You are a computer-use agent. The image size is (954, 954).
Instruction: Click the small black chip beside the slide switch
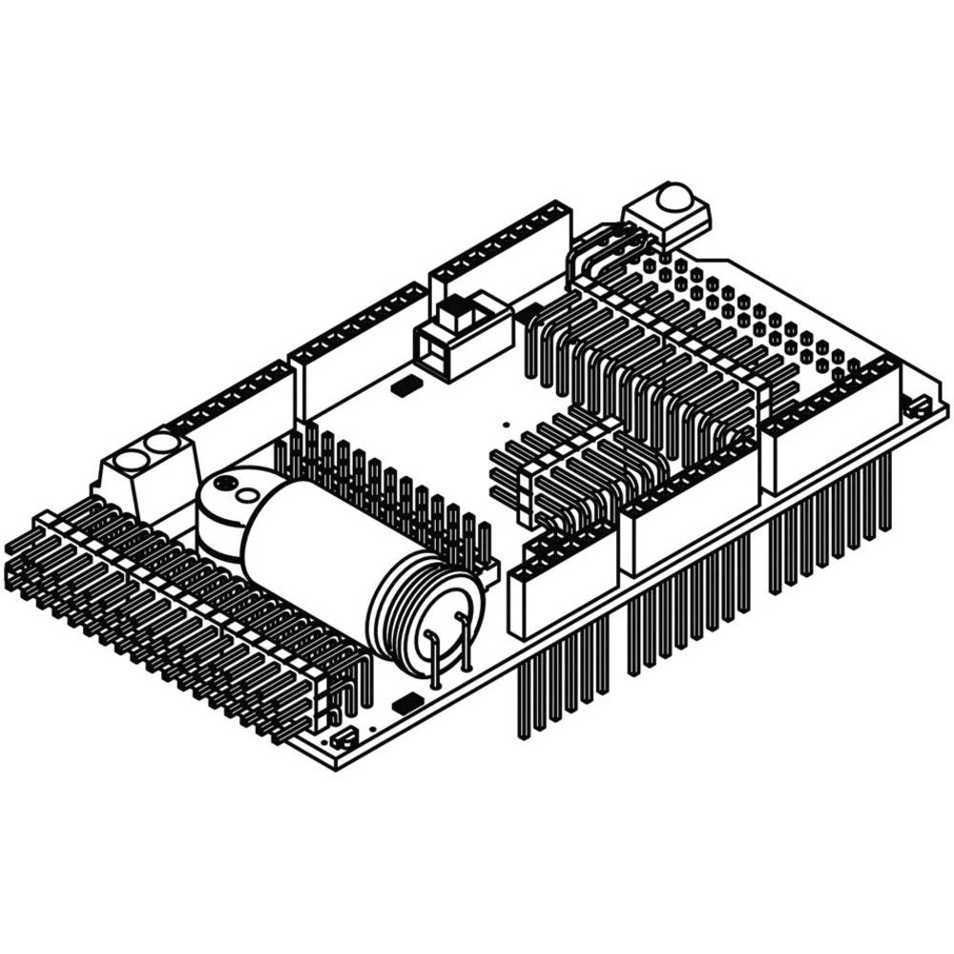404,384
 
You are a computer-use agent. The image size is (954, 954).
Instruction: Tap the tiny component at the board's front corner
344,738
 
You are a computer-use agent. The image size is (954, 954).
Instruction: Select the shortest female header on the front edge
563,591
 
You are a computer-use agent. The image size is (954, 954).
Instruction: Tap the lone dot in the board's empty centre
507,421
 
